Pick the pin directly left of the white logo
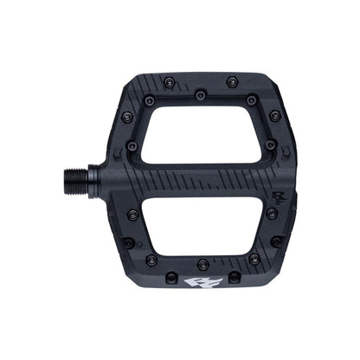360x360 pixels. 166,275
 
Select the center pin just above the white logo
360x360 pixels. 201,262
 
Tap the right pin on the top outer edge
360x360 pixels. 232,80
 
